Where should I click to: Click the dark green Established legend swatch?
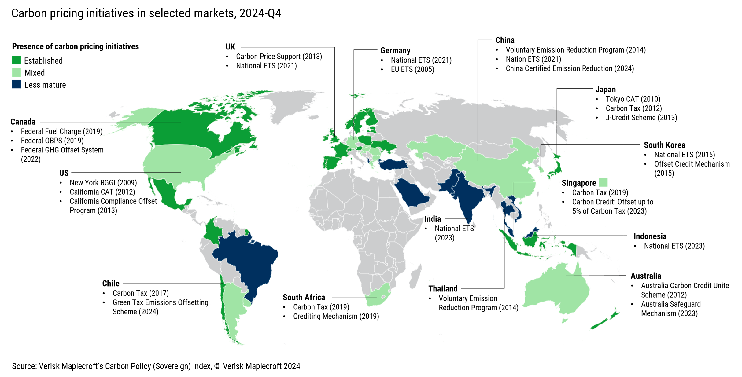(17, 60)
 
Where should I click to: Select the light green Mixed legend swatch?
(17, 72)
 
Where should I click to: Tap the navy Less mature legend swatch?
(17, 84)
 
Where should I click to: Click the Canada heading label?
(23, 122)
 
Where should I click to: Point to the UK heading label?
(230, 47)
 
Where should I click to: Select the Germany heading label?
(395, 50)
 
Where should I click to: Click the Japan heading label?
(605, 90)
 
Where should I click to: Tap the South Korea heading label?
(664, 145)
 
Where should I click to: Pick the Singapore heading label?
(578, 183)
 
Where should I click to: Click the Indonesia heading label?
(650, 236)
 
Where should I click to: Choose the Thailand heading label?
(443, 288)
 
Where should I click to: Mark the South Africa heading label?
(304, 297)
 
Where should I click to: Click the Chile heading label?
(111, 283)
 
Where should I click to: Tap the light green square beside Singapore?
(603, 182)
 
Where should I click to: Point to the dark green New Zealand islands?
(604, 321)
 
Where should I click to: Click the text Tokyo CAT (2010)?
(633, 99)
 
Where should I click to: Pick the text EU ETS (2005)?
(412, 69)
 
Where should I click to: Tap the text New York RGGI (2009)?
(103, 182)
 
